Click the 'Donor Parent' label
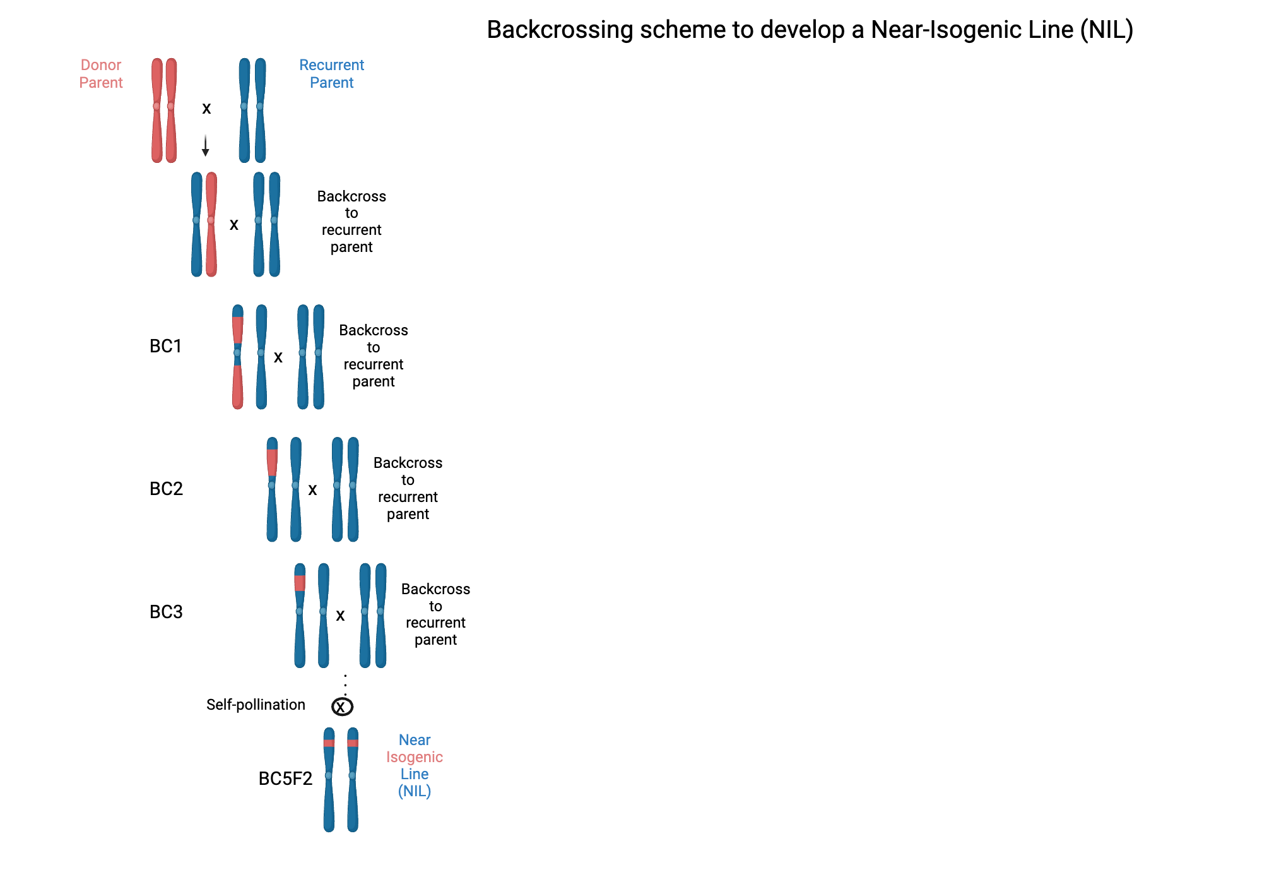coord(101,74)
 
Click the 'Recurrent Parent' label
coord(331,74)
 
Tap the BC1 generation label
coord(165,346)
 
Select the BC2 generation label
coord(166,489)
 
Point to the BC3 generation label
coord(166,612)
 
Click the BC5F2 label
coord(285,779)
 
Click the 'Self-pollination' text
coord(256,705)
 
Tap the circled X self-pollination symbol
coord(342,707)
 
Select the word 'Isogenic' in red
coord(415,757)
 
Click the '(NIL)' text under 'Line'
coord(415,791)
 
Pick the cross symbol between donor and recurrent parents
coord(206,109)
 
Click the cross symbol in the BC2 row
coord(312,490)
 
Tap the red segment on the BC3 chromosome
coord(300,583)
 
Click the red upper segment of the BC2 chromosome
coord(272,462)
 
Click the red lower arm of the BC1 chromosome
coord(237,386)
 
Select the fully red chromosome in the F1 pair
coord(211,224)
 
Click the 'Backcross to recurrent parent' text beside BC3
coord(435,614)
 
